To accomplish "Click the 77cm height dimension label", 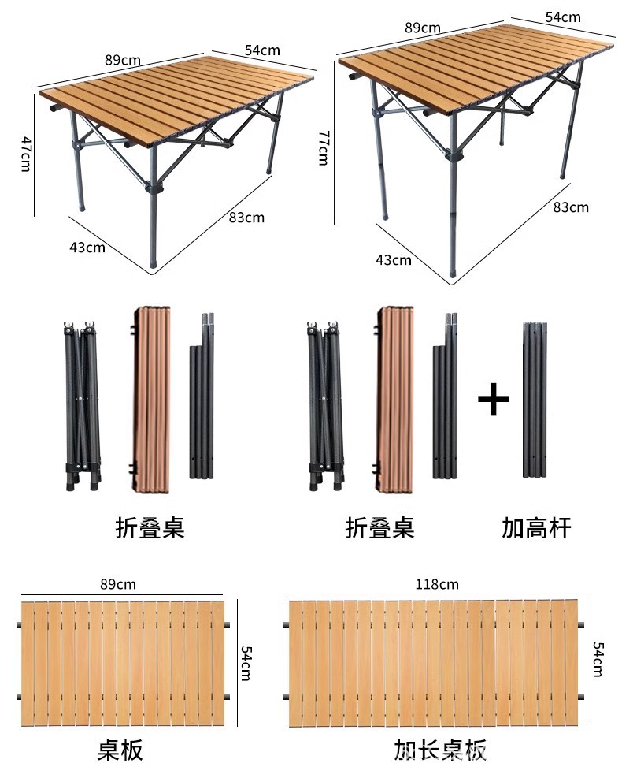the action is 322,147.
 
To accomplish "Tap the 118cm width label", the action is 438,584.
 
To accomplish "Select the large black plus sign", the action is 494,400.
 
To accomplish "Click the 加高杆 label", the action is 536,527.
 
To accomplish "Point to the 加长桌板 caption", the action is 441,750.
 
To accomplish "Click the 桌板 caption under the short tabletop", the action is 120,750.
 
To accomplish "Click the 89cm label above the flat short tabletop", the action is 118,584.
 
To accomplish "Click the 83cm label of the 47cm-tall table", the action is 246,218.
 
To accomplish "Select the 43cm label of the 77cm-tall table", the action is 394,259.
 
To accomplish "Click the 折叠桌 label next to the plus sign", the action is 380,527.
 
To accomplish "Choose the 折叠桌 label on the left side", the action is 150,527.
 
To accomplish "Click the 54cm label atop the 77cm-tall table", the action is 563,17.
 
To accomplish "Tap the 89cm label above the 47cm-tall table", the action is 122,58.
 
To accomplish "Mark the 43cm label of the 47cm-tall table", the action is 87,247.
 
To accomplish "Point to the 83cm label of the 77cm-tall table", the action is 571,207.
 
